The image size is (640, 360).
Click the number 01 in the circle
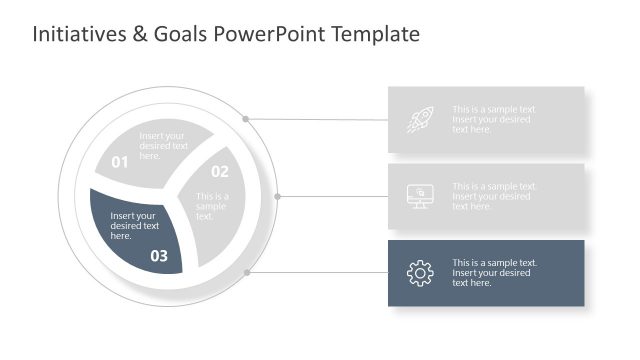point(120,162)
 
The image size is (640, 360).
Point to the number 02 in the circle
point(219,171)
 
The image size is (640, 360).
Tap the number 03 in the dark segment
point(160,255)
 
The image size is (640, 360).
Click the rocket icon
point(420,120)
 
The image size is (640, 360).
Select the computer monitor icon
point(420,196)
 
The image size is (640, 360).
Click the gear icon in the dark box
point(420,273)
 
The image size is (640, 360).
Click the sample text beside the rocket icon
point(494,120)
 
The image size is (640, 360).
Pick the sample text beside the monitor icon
point(494,196)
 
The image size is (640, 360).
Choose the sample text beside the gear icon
point(494,273)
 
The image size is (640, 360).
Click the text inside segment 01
point(163,146)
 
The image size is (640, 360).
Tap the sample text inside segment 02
point(212,206)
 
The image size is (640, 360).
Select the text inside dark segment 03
point(134,226)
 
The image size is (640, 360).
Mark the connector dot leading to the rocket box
point(245,118)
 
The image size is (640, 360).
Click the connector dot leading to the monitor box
point(278,196)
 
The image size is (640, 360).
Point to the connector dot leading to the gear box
point(246,271)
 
